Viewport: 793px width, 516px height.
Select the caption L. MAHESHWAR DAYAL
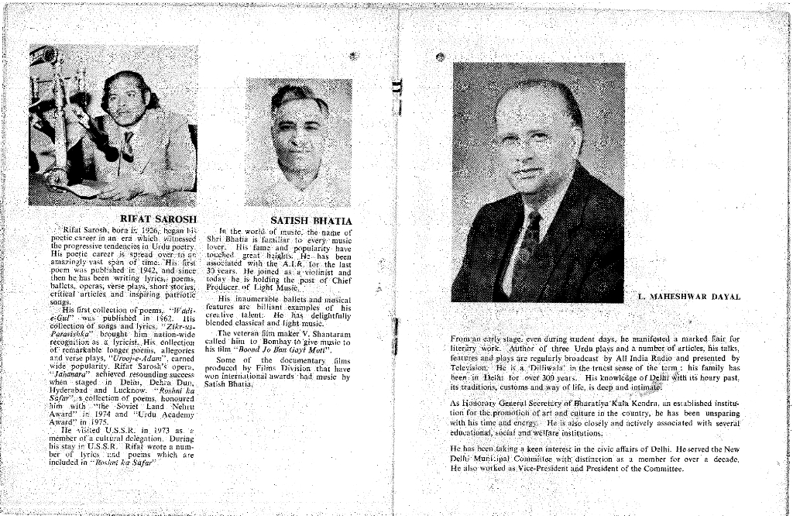[688, 297]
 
